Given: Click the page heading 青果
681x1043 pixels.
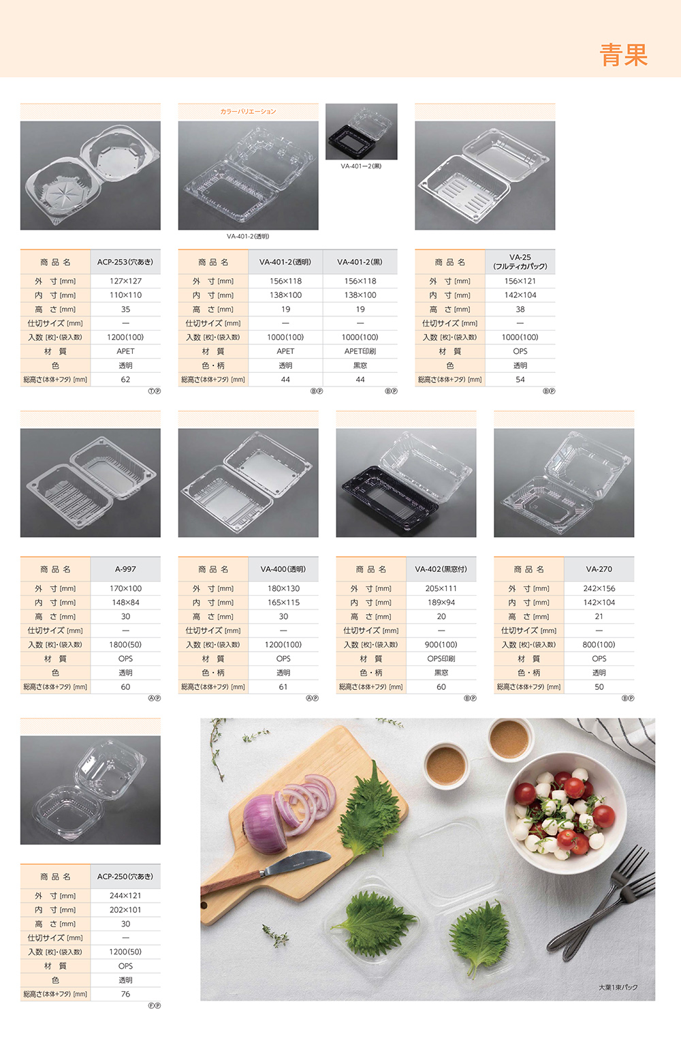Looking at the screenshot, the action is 623,55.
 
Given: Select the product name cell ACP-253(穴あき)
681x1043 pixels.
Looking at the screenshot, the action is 125,262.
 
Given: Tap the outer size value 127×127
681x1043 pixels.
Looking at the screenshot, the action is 125,282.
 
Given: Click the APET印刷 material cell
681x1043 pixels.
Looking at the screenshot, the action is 360,352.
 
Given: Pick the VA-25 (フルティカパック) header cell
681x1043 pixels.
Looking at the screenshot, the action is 520,262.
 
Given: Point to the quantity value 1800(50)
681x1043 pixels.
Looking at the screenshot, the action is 125,645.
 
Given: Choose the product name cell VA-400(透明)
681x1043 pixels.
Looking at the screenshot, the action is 283,569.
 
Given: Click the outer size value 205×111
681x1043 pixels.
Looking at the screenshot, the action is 441,588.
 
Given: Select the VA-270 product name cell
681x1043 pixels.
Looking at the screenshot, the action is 599,569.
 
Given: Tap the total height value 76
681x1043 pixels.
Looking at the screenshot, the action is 125,994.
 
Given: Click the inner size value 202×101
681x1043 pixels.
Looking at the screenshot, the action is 125,910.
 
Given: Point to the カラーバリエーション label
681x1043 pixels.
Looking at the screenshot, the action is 249,112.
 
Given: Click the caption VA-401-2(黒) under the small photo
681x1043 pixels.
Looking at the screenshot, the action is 361,166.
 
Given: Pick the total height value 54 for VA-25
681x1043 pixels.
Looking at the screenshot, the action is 520,380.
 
